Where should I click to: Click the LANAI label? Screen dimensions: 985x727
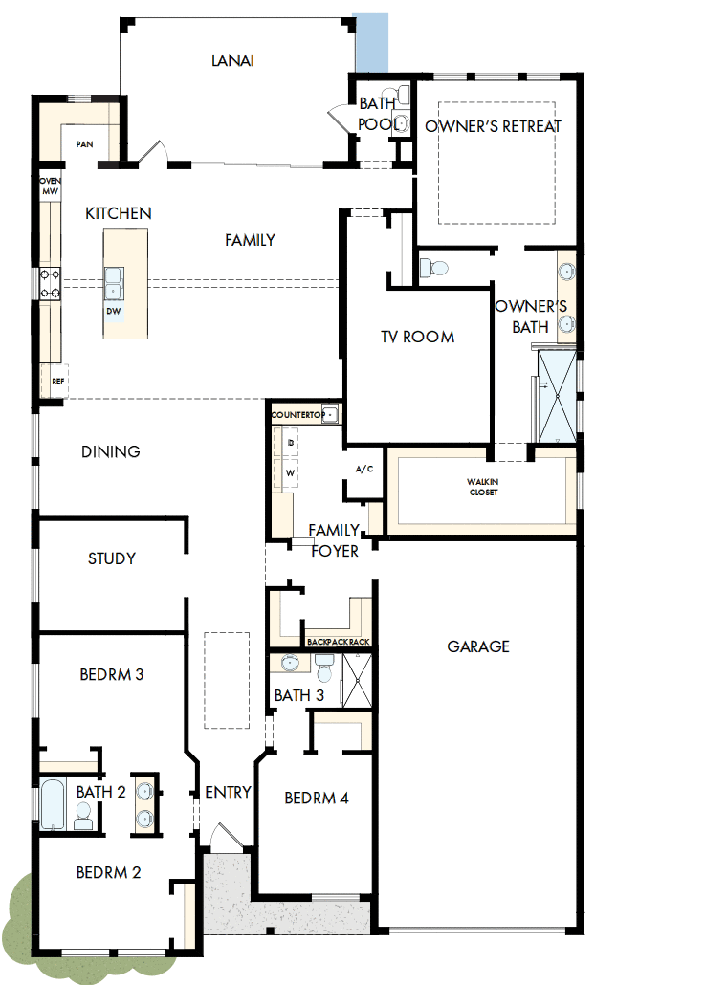232,60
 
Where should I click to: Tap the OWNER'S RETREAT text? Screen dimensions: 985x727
493,126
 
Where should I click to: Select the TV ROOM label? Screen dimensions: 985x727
417,337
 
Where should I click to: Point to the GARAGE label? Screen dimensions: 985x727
478,646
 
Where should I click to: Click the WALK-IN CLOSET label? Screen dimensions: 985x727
483,487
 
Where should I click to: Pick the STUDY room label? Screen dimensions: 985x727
112,558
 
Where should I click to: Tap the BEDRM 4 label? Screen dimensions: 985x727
317,798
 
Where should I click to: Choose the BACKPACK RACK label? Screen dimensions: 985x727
338,642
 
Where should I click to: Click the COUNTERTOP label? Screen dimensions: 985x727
298,415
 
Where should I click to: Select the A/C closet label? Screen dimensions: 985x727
363,470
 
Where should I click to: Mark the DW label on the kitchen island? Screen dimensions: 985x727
113,310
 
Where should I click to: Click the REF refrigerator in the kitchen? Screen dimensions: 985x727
57,381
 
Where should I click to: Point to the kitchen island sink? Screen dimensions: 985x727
115,281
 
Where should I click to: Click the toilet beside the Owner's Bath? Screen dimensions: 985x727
434,265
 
